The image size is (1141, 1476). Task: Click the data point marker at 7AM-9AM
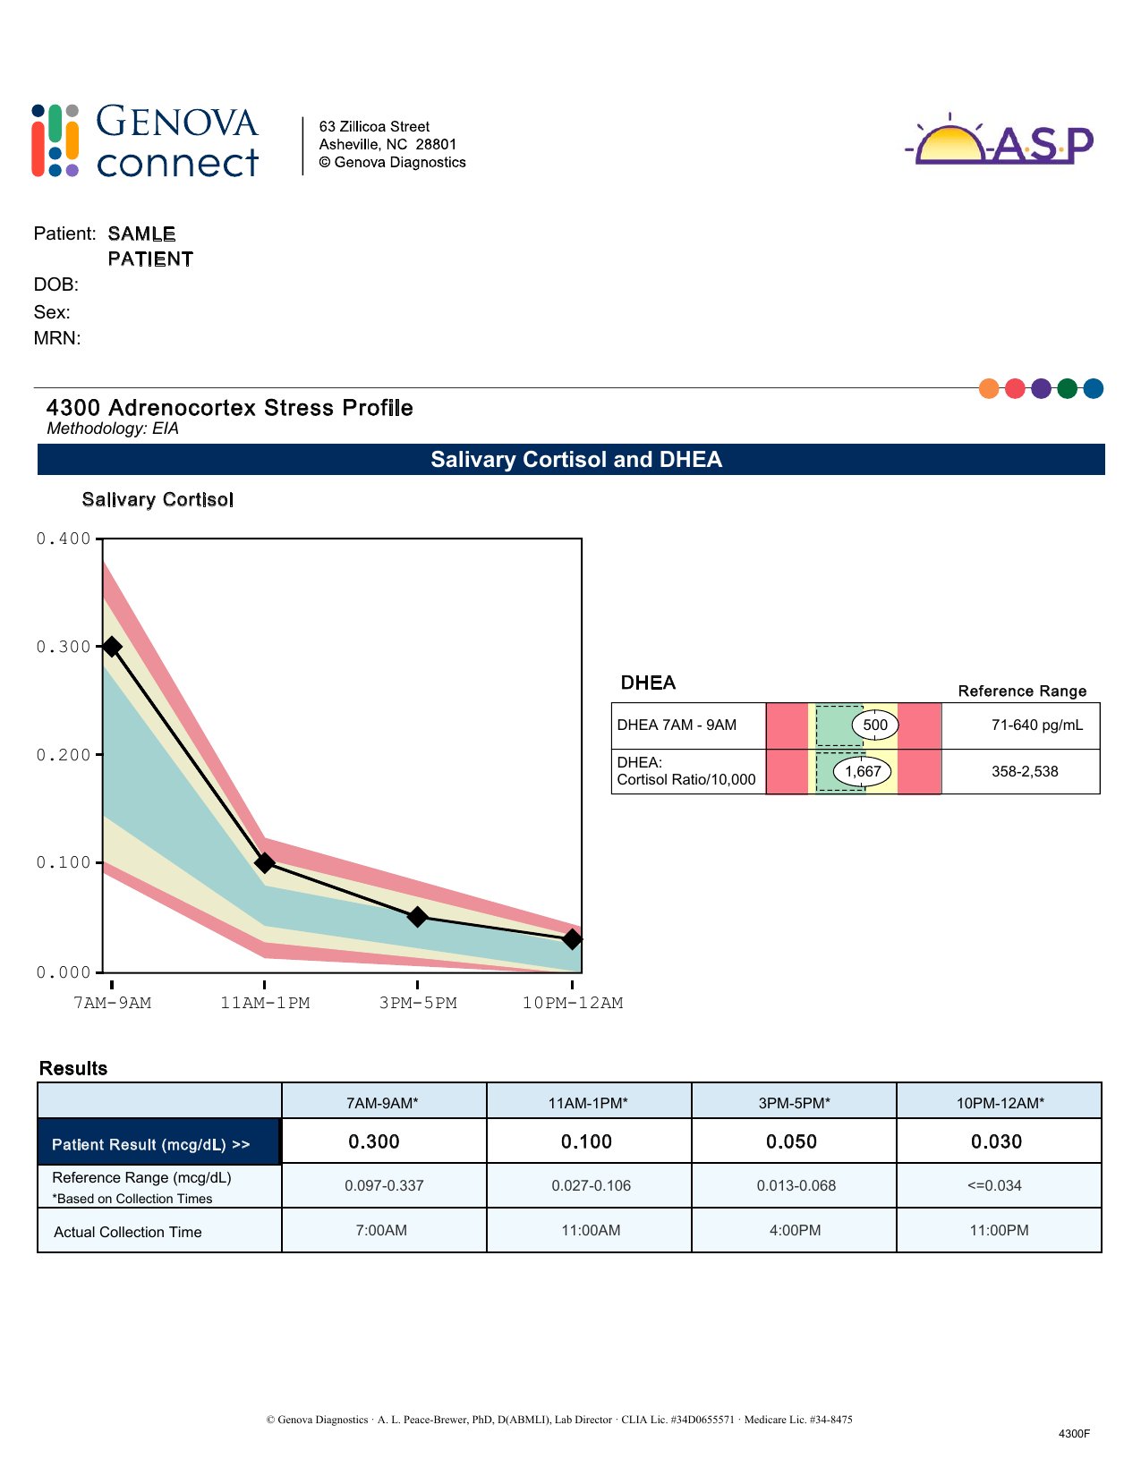tap(112, 647)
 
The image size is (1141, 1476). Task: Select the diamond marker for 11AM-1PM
tap(265, 862)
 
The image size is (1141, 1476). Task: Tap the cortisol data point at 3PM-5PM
tap(417, 917)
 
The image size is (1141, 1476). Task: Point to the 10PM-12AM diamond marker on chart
tap(573, 939)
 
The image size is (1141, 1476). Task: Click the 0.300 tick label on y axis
tap(64, 647)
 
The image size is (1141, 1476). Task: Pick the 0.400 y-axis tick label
tap(64, 539)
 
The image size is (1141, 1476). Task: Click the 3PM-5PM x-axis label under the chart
tap(418, 1003)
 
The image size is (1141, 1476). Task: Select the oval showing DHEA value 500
tap(875, 725)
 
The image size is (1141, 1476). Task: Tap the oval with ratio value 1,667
tap(863, 771)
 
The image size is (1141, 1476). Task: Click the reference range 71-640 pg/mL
tap(1036, 725)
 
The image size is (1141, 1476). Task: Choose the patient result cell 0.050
tap(792, 1141)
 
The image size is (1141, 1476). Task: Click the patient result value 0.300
tap(374, 1141)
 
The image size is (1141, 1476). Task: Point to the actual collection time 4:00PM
tap(795, 1230)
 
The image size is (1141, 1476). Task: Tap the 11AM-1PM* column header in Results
tap(588, 1103)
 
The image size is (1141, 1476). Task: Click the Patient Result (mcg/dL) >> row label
tap(150, 1144)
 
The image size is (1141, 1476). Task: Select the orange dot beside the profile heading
tap(989, 388)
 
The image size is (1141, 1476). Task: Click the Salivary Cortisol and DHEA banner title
tap(576, 460)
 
